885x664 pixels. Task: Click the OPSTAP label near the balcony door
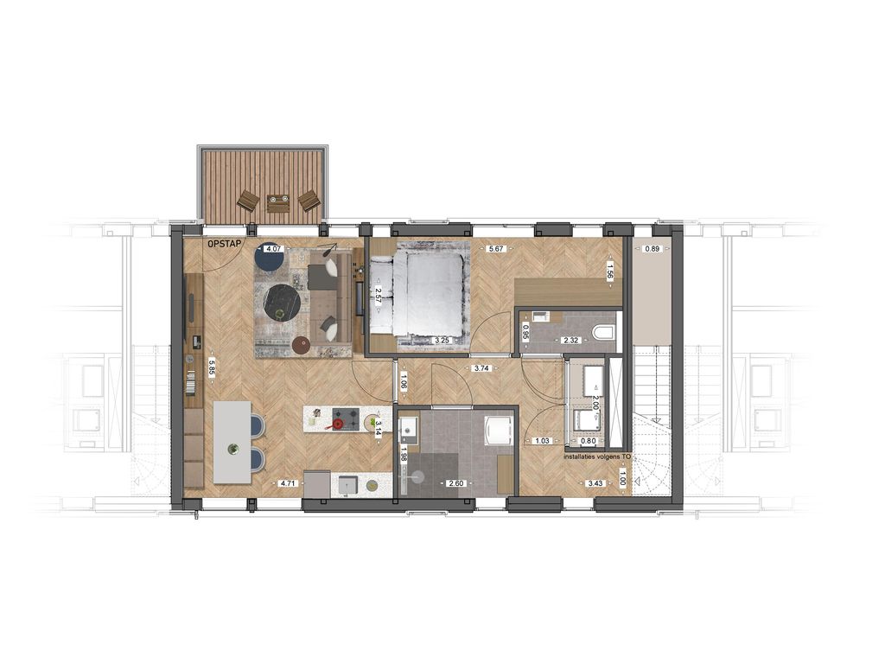click(224, 245)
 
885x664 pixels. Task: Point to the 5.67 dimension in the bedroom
click(496, 249)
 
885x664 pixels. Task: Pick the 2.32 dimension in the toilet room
click(570, 341)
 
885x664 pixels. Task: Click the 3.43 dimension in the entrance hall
click(595, 483)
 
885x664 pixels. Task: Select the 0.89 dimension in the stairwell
click(653, 249)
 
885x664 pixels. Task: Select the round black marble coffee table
click(283, 302)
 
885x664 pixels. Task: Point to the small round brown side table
click(301, 345)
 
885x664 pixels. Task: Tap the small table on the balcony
click(278, 203)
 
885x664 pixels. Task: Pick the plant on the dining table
click(232, 448)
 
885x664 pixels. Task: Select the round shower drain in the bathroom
click(419, 476)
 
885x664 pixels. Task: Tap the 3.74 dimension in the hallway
click(481, 368)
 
